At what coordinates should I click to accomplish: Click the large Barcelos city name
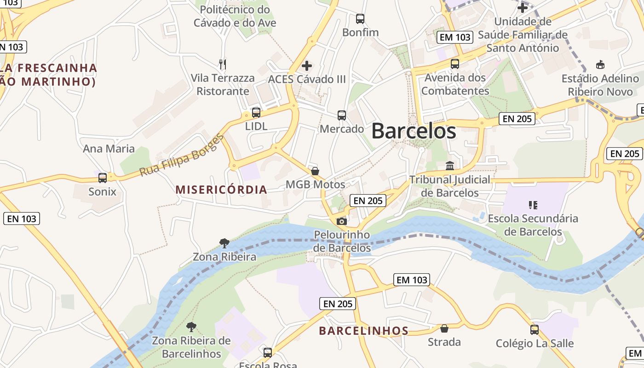click(414, 131)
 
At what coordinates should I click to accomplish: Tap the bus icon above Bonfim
click(360, 19)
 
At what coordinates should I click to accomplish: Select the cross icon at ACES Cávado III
click(307, 66)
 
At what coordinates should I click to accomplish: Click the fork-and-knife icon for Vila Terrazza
click(223, 64)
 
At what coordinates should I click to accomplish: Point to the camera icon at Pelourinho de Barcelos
click(341, 221)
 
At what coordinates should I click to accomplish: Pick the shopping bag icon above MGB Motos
click(315, 171)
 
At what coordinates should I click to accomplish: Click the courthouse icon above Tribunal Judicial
click(450, 166)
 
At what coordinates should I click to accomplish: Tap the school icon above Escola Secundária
click(533, 205)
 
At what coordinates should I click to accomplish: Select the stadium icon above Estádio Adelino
click(600, 65)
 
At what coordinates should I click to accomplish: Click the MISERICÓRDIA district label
click(221, 190)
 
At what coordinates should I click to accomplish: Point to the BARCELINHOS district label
click(364, 331)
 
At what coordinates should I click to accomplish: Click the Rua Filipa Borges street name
click(181, 155)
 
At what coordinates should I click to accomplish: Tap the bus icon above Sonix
click(103, 178)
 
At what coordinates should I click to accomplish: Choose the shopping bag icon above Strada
click(444, 328)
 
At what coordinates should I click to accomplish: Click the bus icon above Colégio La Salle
click(535, 329)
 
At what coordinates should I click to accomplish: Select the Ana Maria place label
click(109, 149)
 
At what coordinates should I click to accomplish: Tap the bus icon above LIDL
click(256, 112)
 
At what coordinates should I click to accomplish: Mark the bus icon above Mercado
click(342, 115)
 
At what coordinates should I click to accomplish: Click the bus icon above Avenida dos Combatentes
click(455, 64)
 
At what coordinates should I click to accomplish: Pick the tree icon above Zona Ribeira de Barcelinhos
click(191, 327)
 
